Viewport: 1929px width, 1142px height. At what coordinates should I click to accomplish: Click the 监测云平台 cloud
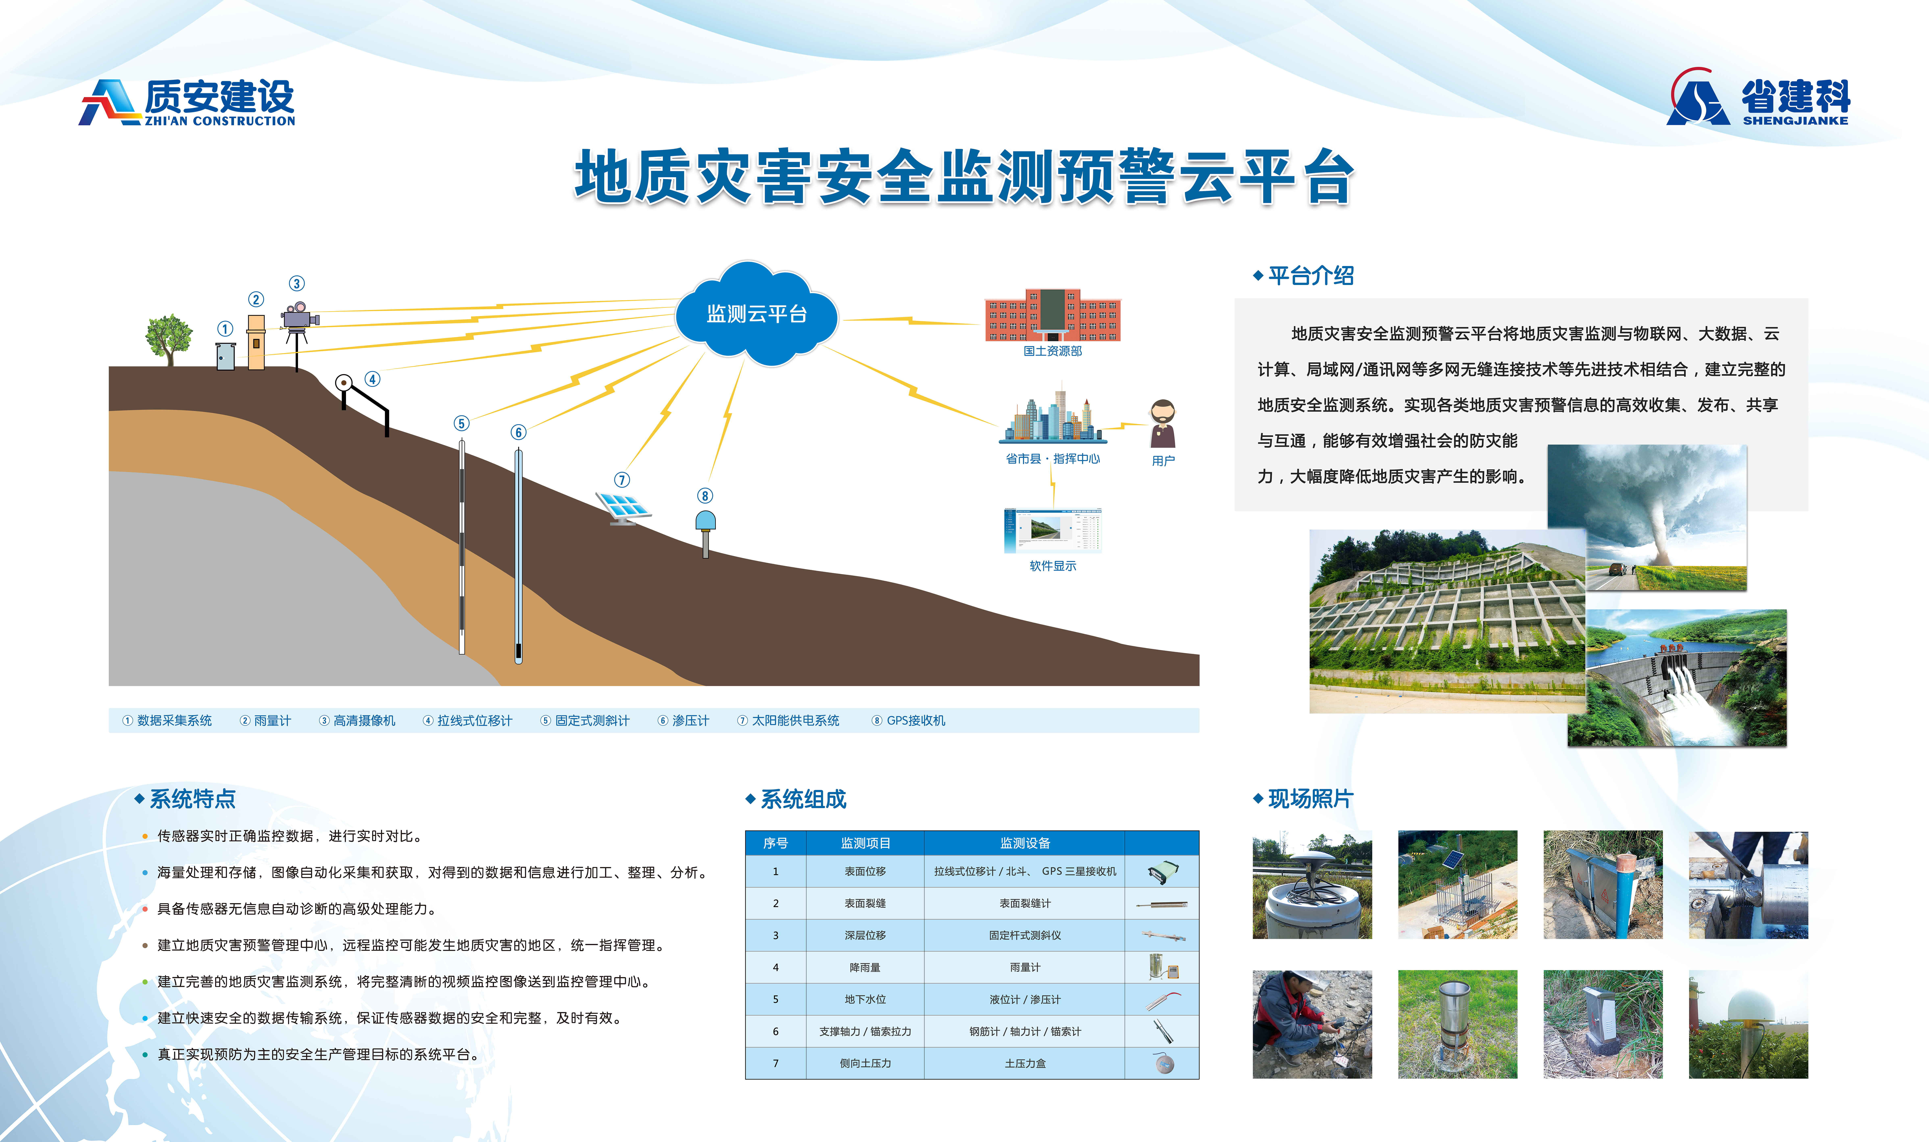coord(756,314)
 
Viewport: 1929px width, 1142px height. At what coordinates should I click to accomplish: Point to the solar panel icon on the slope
coord(623,508)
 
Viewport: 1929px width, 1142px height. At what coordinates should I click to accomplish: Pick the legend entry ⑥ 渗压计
coord(684,720)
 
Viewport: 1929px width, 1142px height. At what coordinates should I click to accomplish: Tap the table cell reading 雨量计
coord(1024,967)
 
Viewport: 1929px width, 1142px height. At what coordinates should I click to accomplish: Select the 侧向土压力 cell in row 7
coord(865,1063)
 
